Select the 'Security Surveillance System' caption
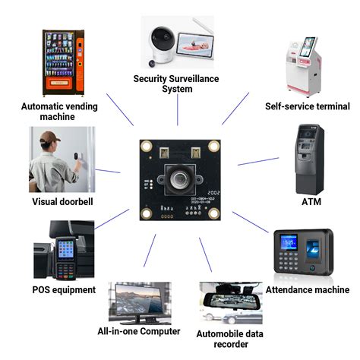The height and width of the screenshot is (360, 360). (x=174, y=84)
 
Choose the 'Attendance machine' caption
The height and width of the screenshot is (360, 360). (x=307, y=289)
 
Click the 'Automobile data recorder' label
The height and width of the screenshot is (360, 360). (x=229, y=339)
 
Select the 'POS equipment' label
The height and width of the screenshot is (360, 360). (x=64, y=289)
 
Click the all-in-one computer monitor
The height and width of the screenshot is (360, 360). (x=138, y=299)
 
